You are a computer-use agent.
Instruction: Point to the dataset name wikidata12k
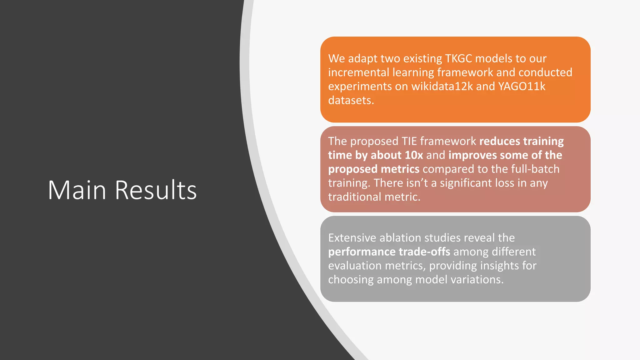click(442, 86)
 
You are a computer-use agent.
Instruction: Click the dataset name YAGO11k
click(522, 86)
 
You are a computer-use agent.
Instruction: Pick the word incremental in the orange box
click(358, 72)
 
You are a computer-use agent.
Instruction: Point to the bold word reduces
click(500, 141)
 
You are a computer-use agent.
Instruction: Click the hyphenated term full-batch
click(535, 169)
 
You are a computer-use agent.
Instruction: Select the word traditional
click(355, 197)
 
